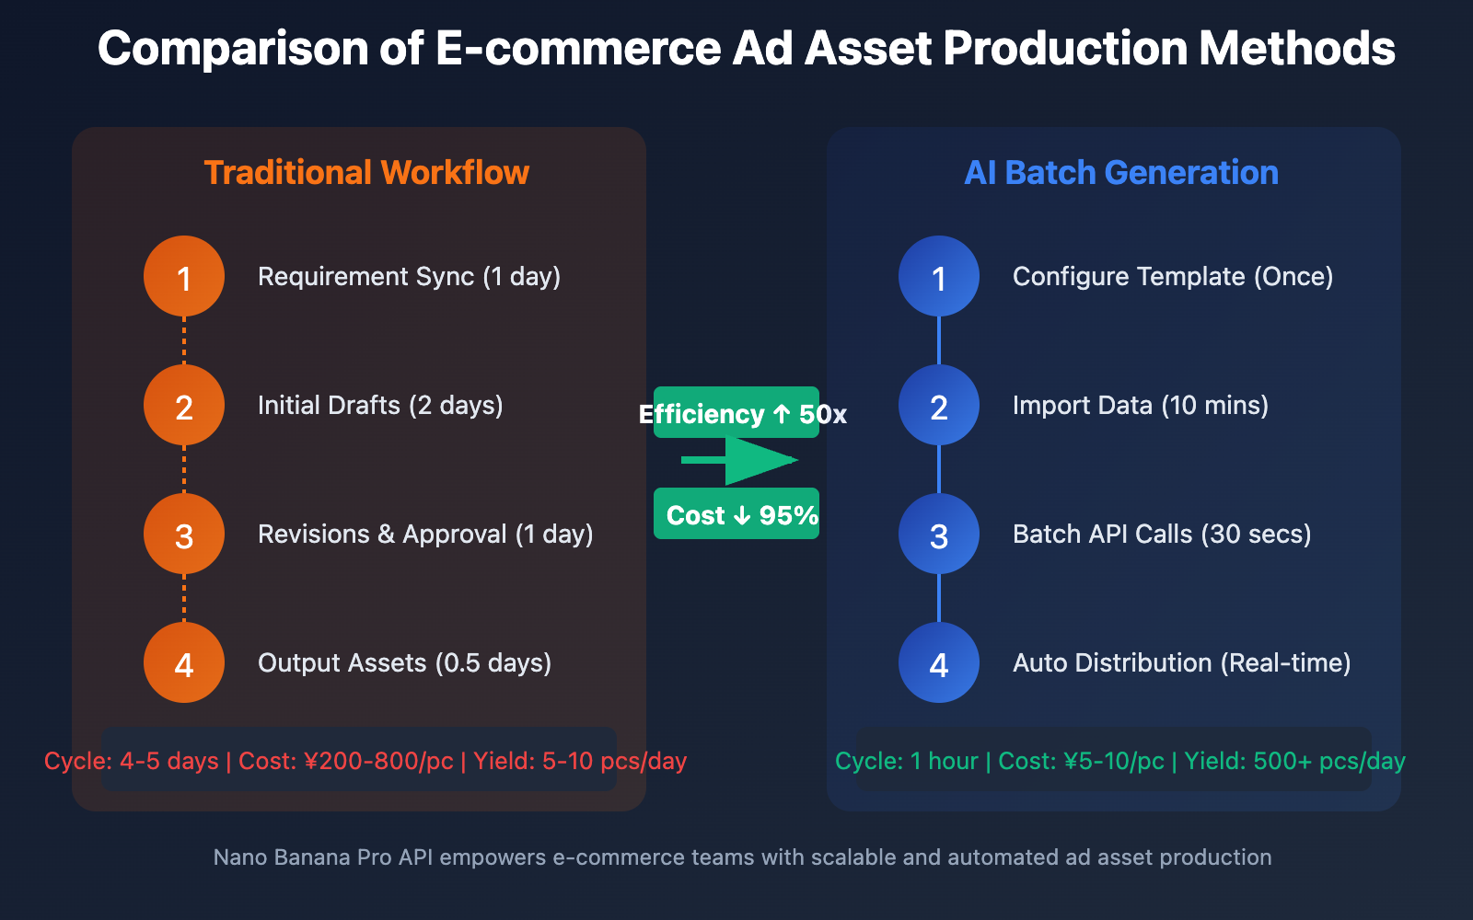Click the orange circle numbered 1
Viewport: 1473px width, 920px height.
coord(184,276)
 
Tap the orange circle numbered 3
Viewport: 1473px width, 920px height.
coord(184,534)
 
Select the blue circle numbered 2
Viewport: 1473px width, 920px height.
coord(939,405)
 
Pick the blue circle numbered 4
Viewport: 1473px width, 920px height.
coord(939,662)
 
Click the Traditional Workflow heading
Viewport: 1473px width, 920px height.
coord(366,173)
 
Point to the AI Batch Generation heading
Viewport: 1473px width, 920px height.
coord(1121,173)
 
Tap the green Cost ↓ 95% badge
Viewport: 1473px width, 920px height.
coord(736,514)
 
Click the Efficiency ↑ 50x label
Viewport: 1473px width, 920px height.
coord(742,414)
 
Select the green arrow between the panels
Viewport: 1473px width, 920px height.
coord(741,460)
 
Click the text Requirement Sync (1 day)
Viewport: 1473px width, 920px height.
coord(409,277)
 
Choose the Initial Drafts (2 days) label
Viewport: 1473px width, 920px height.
coord(380,406)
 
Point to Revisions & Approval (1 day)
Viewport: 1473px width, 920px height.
coord(425,535)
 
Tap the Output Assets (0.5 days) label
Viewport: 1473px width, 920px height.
coord(404,663)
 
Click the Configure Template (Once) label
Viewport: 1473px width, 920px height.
coord(1173,277)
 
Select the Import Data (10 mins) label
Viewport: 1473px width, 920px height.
coord(1141,406)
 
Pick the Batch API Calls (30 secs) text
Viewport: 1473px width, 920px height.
coord(1162,535)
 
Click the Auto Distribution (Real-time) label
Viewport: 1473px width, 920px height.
coord(1182,663)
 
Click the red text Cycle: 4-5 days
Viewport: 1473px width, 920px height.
coord(132,762)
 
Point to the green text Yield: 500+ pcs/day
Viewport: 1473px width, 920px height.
coord(1294,762)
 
